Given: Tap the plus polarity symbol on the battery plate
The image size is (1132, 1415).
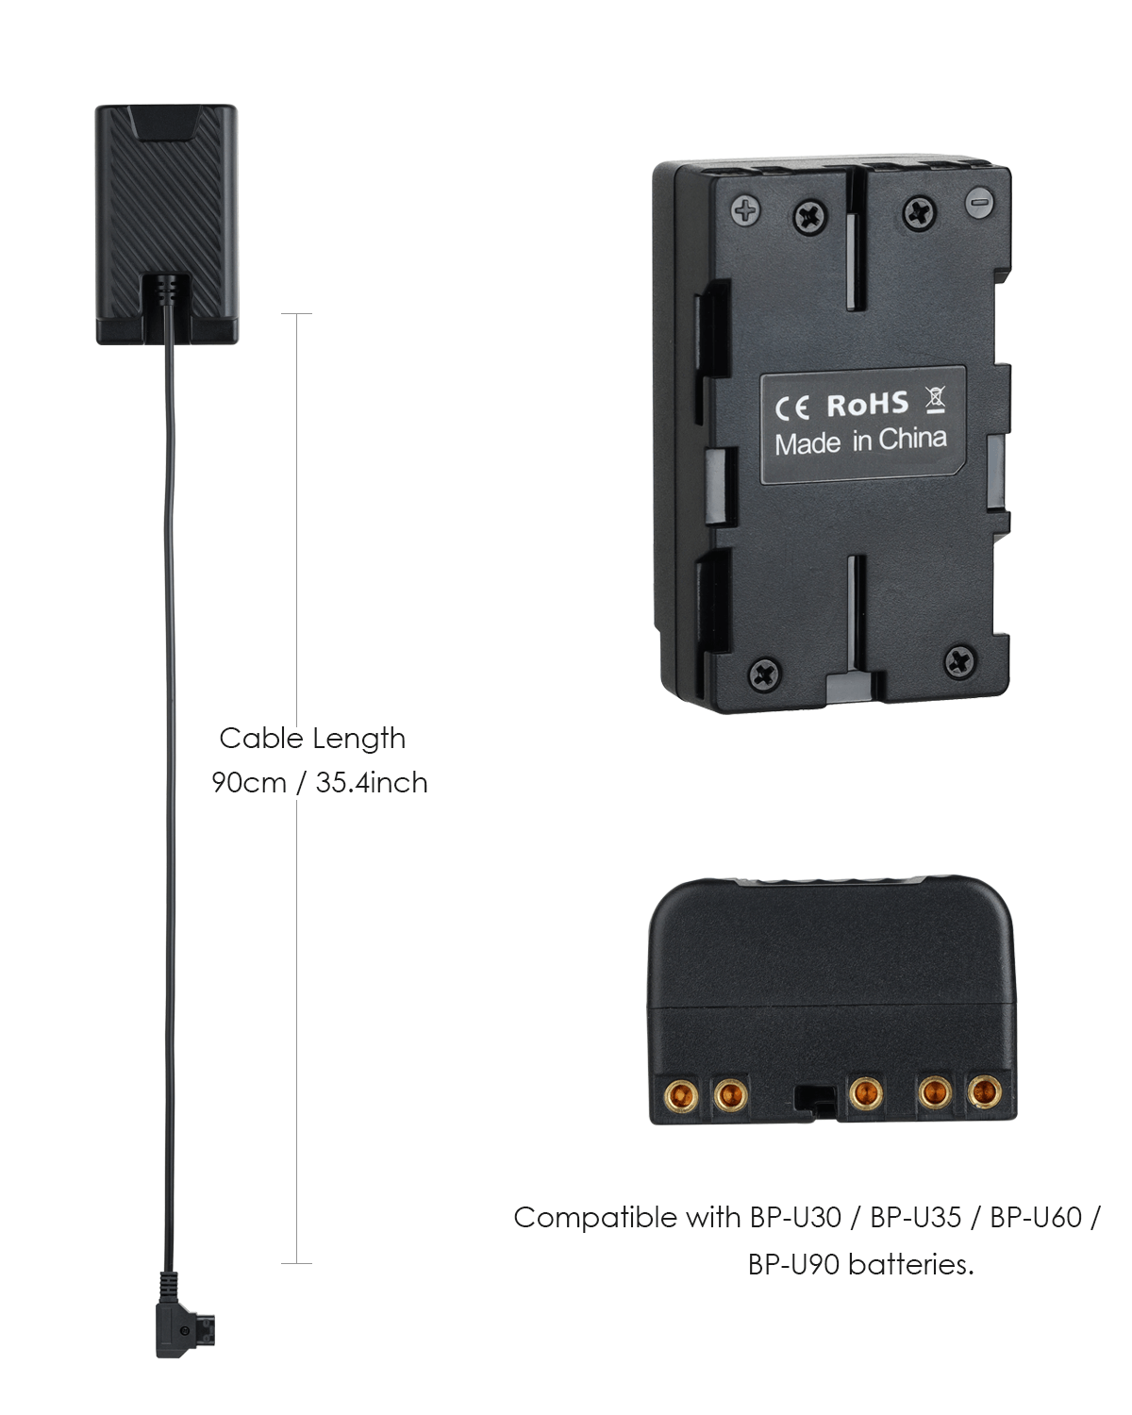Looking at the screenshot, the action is [745, 211].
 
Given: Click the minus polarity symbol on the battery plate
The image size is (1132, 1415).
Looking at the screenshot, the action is [979, 201].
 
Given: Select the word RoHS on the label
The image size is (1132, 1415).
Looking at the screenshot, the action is [867, 405].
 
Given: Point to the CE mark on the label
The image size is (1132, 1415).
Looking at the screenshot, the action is [792, 408].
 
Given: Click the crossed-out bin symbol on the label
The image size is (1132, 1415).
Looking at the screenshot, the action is [936, 400].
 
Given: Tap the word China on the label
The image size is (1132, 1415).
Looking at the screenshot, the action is [912, 440].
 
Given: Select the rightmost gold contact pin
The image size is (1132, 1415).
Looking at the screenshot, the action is [984, 1092].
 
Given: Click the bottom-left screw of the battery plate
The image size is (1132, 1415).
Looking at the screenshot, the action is [766, 673].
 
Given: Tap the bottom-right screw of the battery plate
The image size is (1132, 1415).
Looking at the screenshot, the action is [959, 661].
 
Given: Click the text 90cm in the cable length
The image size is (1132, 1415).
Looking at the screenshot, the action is [249, 782].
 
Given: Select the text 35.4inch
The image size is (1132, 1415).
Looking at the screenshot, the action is [372, 782].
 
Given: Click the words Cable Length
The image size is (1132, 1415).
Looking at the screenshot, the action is [312, 739].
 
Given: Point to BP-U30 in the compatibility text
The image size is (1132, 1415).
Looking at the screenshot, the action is [796, 1218].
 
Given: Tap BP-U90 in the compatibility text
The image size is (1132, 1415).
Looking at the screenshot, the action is [794, 1265].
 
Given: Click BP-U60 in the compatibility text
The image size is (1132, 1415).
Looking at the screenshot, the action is [1036, 1218].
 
